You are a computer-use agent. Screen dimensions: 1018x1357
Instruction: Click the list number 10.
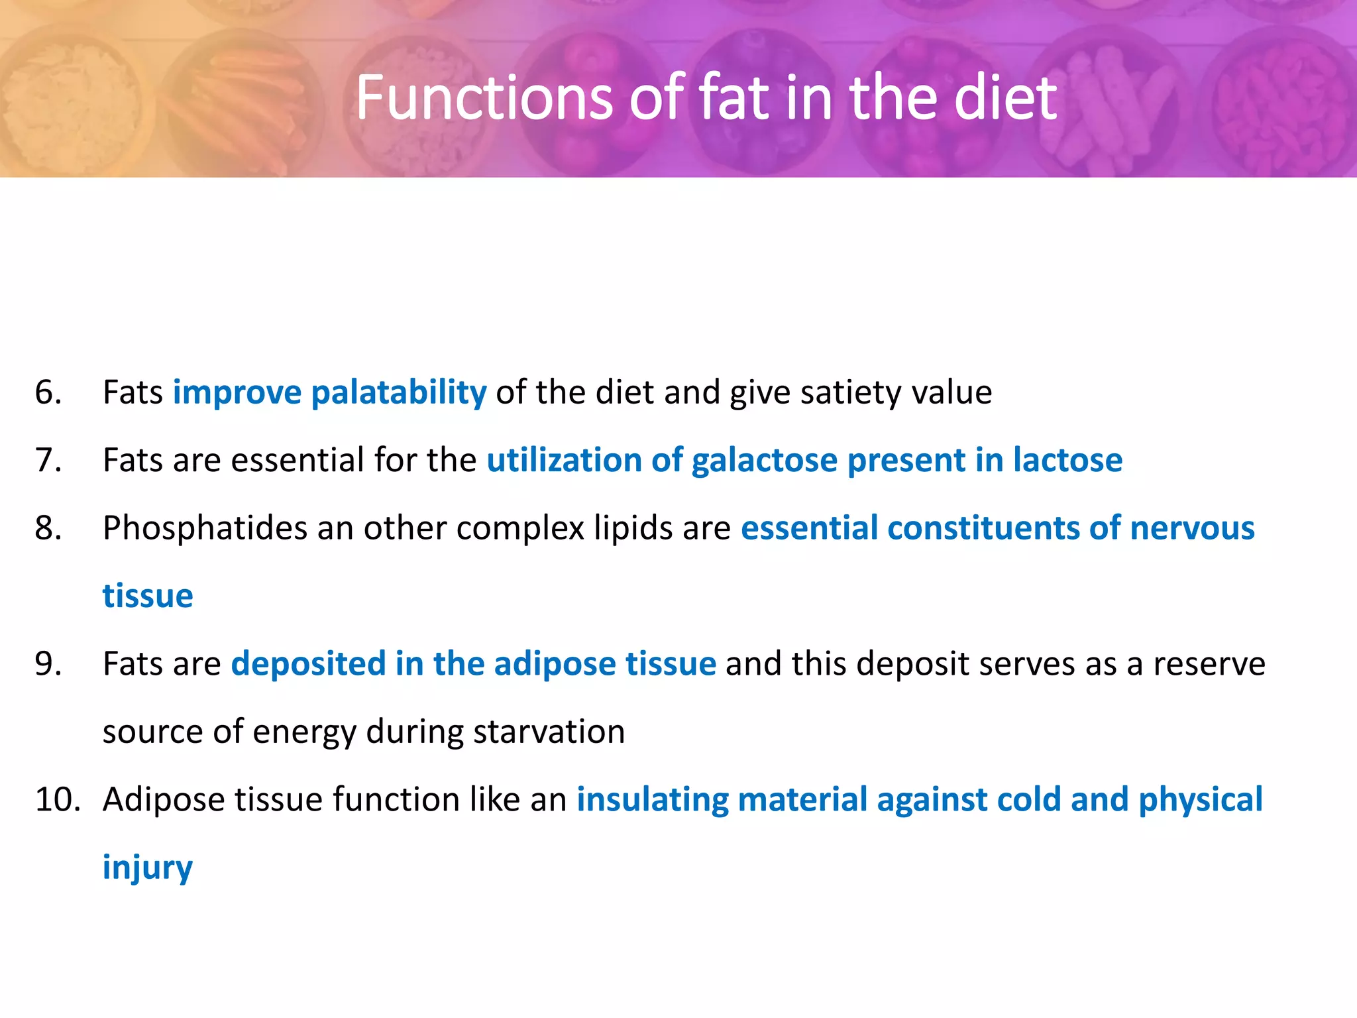tap(57, 799)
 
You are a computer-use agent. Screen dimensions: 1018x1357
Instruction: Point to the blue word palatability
tap(398, 392)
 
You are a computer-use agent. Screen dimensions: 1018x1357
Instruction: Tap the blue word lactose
tap(1067, 460)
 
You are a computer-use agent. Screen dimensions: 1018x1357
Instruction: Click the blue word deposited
tap(308, 663)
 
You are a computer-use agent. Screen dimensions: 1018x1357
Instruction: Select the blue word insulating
tap(652, 799)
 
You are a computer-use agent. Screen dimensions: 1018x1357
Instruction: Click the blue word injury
tap(147, 868)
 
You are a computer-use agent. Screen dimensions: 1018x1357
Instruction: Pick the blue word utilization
tap(564, 460)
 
